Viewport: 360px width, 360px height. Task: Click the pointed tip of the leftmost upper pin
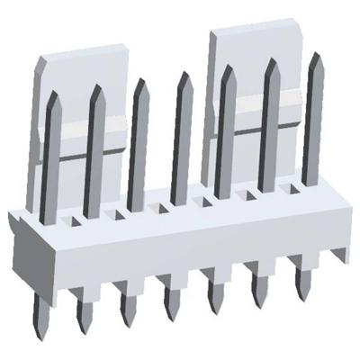[x=52, y=92]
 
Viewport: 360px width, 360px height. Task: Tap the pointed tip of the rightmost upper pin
[x=317, y=54]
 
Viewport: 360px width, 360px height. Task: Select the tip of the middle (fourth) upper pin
[x=185, y=74]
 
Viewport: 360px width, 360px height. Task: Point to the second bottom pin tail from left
[x=85, y=311]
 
